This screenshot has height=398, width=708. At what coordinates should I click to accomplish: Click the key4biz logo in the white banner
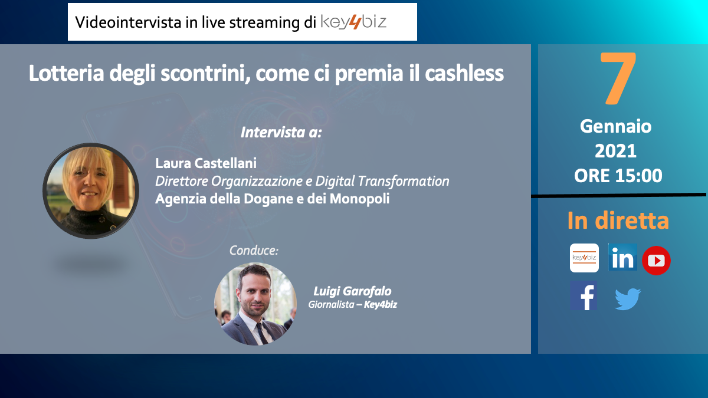pos(353,22)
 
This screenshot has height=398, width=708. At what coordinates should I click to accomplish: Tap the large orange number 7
pos(618,78)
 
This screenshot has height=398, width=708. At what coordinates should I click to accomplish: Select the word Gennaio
pos(616,127)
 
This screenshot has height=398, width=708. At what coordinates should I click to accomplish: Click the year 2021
pos(615,151)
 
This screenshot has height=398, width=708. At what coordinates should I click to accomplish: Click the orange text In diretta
pos(618,221)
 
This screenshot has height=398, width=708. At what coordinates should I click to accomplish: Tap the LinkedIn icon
pos(622,257)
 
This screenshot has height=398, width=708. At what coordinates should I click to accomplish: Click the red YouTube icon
pos(656,260)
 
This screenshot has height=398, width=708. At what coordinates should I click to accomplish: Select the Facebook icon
pos(584,295)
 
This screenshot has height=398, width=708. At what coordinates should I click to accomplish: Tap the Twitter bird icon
pos(627,299)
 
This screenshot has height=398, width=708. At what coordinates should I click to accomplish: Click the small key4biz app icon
pos(584,258)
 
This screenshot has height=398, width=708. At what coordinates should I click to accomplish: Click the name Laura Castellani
pos(206,163)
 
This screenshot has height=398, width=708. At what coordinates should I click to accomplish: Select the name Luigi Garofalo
pos(352,291)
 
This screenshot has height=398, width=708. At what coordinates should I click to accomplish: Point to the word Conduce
pos(254,251)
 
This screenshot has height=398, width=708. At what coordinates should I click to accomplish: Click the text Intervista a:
pos(281,132)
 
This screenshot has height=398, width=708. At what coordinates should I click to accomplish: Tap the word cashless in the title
pos(464,73)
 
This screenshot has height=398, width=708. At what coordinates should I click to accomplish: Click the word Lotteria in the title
pos(66,73)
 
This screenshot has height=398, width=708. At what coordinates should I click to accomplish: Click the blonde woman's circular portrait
pos(91,191)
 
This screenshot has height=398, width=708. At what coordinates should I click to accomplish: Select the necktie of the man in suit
pos(261,333)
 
